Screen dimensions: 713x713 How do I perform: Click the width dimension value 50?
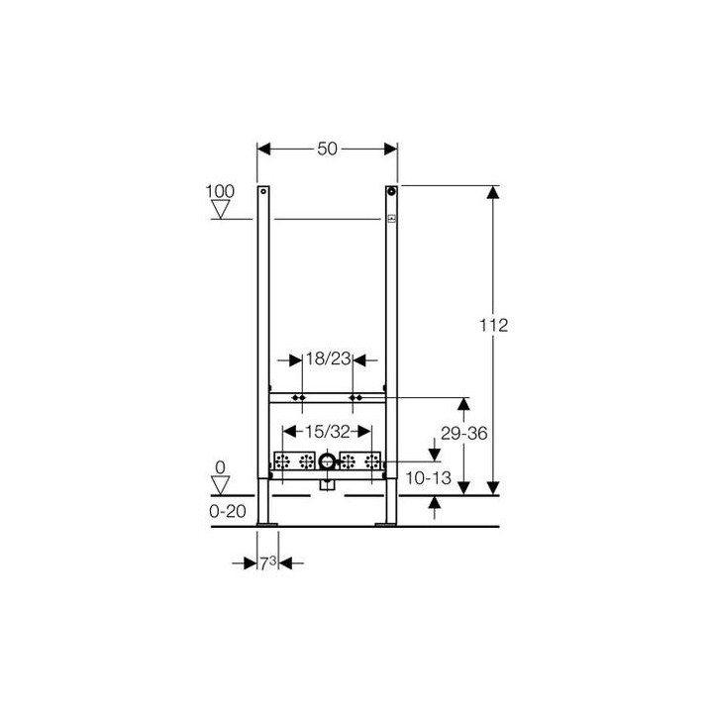click(328, 149)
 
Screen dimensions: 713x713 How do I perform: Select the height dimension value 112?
click(492, 325)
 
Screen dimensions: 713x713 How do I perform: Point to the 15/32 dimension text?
click(328, 431)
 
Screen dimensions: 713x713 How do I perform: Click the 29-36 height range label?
click(464, 434)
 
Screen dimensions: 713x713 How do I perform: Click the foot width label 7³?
click(267, 562)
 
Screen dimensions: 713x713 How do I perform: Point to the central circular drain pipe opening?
click(328, 461)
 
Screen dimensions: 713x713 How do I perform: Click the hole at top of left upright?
click(263, 191)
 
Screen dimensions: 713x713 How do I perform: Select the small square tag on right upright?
click(391, 219)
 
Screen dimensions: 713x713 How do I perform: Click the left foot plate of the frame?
click(265, 522)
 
